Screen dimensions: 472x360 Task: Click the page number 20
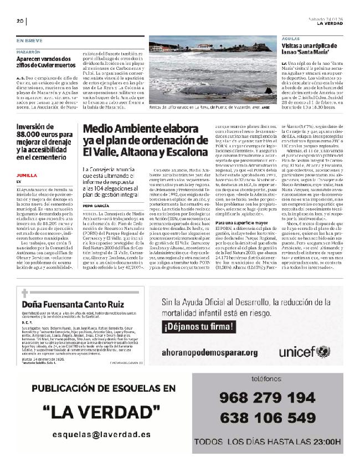(19, 22)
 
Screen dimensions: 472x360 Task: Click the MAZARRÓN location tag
(28, 51)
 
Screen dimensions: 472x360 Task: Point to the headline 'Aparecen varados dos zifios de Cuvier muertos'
(43, 61)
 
